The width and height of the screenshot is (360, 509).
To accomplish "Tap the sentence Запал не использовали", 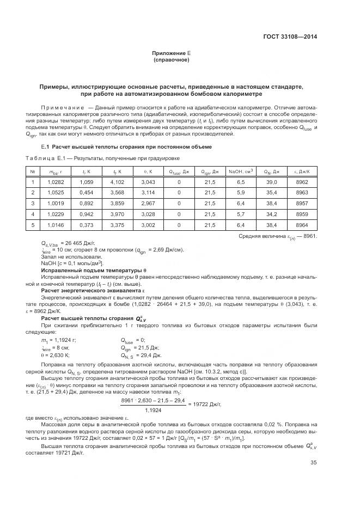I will pyautogui.click(x=64, y=256).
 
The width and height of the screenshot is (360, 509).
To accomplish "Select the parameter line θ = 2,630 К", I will pyautogui.click(x=56, y=354).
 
